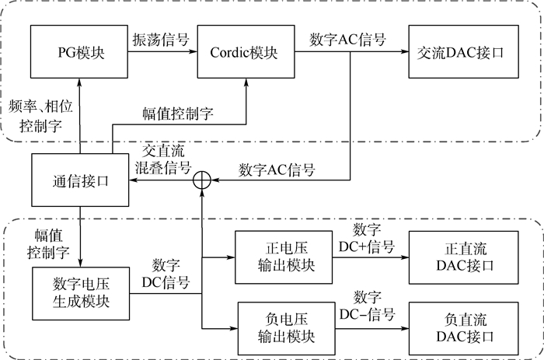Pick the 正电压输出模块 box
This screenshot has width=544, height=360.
(x=285, y=260)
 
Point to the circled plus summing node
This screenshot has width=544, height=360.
(x=201, y=180)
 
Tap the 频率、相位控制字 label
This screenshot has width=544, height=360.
(x=36, y=114)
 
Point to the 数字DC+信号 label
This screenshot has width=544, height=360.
(x=373, y=239)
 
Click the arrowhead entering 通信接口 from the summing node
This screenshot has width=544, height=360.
(x=132, y=180)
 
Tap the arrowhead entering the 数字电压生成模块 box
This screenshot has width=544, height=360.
(x=80, y=261)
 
